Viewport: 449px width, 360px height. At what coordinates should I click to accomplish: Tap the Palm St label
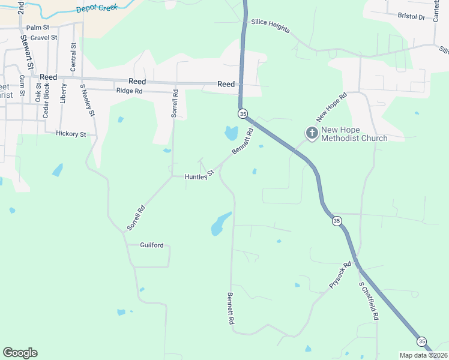(37, 28)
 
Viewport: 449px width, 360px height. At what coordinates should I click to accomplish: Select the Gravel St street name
(43, 37)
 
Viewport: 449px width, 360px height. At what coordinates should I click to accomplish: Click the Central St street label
(73, 57)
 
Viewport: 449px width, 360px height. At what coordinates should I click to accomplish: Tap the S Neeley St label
(88, 100)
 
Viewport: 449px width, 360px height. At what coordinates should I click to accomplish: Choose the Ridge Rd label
(129, 91)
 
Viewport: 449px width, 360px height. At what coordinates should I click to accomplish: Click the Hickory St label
(71, 134)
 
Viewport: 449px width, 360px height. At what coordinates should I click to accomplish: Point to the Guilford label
(151, 245)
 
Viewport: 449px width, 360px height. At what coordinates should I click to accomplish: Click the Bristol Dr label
(412, 17)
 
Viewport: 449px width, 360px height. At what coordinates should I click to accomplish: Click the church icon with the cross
(312, 133)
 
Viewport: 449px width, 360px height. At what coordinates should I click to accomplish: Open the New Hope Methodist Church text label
(354, 134)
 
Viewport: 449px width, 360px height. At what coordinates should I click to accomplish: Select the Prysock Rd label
(340, 276)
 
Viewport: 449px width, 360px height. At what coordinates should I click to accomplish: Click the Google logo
(20, 353)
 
